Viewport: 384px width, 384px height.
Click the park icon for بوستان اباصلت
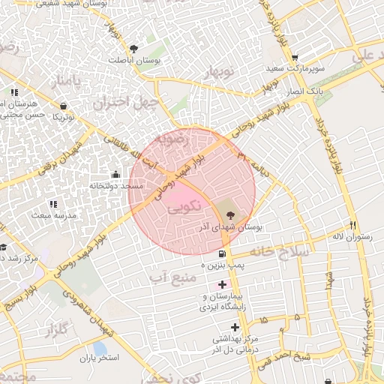[x=133, y=49]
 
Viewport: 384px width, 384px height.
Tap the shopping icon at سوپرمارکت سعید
[x=295, y=57]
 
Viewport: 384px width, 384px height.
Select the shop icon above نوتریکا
[x=63, y=106]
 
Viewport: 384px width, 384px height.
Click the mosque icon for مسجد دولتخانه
[x=116, y=175]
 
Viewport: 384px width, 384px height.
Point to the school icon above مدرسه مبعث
[x=52, y=204]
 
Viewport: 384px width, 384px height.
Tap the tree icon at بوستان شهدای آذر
[x=229, y=215]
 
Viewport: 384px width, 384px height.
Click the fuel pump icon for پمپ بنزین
[x=222, y=253]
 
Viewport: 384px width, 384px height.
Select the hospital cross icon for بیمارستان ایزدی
[x=222, y=284]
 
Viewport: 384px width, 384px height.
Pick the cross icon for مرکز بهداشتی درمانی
[x=235, y=327]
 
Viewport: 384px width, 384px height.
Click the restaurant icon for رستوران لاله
[x=352, y=225]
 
